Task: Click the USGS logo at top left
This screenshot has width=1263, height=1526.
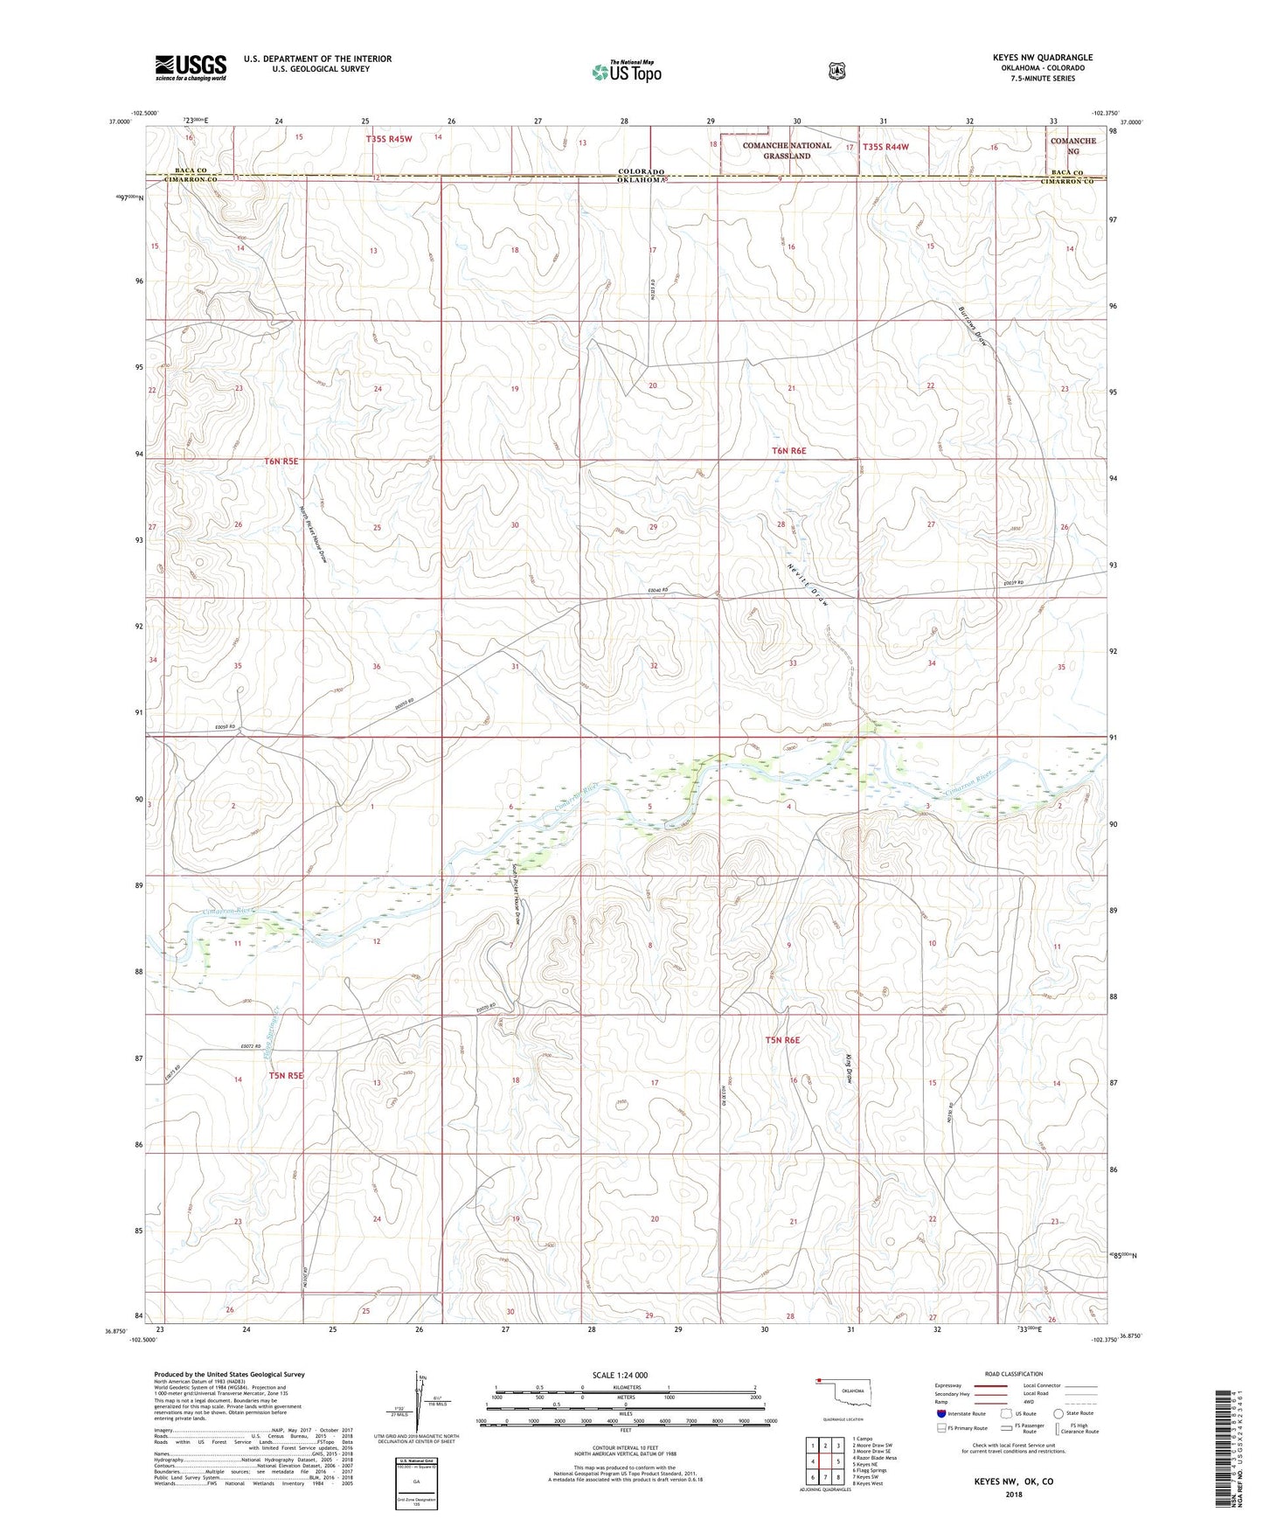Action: click(x=191, y=67)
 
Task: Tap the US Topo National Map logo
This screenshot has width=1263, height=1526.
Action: click(x=625, y=72)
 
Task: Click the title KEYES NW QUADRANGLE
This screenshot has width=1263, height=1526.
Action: click(x=1042, y=58)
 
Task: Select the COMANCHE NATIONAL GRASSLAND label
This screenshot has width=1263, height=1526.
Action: click(x=786, y=150)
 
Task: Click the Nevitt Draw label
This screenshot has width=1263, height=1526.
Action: click(x=806, y=584)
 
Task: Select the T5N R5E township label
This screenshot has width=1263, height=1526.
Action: click(x=285, y=1075)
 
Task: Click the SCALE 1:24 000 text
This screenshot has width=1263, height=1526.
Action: click(x=620, y=1375)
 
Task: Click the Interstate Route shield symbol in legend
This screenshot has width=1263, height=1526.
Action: click(x=940, y=1413)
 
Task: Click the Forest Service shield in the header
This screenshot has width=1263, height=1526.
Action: click(x=836, y=70)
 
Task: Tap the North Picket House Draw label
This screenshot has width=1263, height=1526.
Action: click(x=313, y=535)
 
